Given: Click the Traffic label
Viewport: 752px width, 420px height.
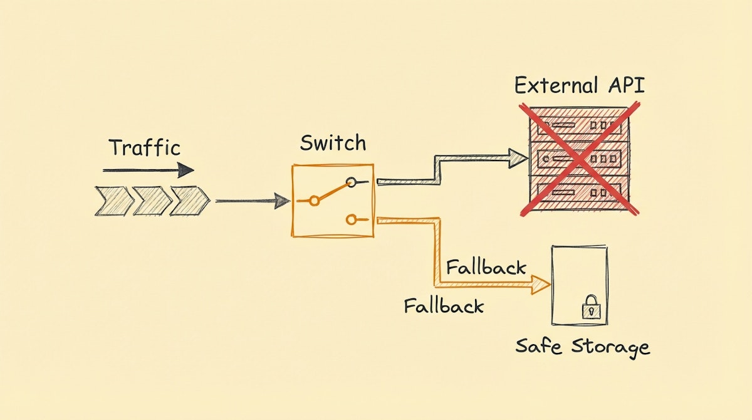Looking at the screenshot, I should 145,148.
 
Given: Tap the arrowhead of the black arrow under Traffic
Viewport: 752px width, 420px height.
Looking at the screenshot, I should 185,170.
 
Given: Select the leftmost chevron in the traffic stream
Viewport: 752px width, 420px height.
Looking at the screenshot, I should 113,201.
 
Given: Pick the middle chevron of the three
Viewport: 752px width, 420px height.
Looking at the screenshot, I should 151,201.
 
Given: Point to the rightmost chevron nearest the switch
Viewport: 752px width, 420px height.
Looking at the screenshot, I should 189,201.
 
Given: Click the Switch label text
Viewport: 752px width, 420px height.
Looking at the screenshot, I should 332,143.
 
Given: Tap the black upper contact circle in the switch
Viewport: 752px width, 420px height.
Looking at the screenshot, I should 352,183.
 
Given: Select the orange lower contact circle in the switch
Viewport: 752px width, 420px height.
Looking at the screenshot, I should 350,219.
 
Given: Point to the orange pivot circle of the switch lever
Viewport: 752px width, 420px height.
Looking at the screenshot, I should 315,201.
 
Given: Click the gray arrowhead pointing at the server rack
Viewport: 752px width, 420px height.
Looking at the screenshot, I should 519,159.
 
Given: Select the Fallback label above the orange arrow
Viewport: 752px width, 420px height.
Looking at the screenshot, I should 486,267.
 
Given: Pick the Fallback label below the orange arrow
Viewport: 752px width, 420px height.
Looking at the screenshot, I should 444,306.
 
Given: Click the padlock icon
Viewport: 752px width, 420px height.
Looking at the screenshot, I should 590,308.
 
